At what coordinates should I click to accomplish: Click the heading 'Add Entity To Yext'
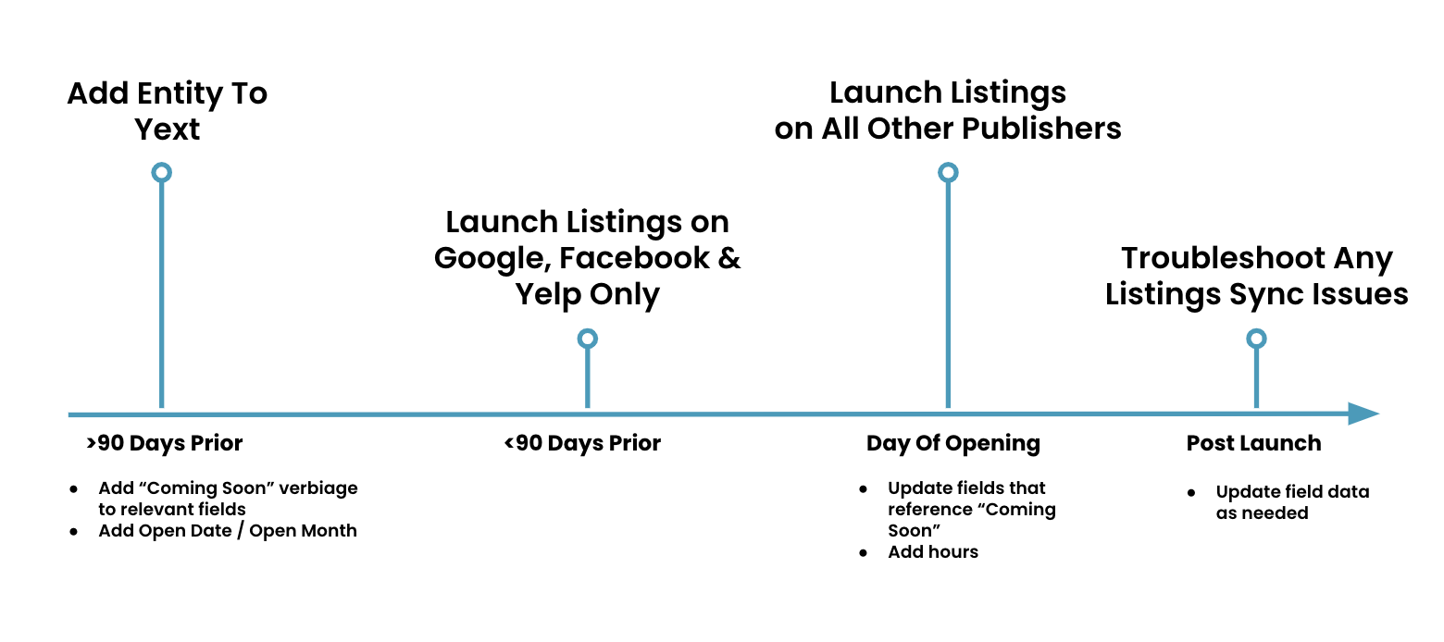168,111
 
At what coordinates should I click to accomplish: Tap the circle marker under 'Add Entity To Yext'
162,173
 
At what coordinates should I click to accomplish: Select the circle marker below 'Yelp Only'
587,339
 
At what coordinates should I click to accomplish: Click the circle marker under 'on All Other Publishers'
948,173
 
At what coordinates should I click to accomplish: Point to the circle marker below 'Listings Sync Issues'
1256,339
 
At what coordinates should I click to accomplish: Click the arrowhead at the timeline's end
1363,414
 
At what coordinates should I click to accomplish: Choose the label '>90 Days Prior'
164,444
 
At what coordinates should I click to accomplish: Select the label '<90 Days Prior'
582,444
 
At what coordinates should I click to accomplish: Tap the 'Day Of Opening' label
953,444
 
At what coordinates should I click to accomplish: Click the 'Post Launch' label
1253,444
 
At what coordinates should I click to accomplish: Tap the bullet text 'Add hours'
932,552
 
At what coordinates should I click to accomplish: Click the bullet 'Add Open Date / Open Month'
228,531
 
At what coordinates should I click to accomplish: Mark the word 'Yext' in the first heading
168,130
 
